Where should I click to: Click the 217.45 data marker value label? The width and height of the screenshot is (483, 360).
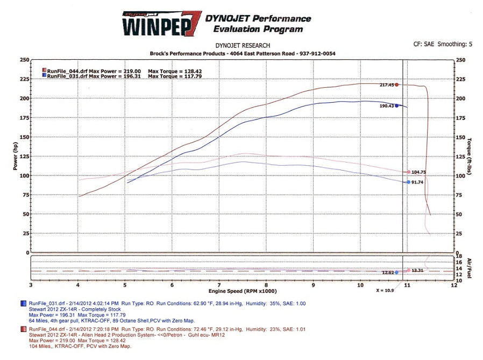click(386, 84)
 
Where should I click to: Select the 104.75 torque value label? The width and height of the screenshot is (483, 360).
click(419, 172)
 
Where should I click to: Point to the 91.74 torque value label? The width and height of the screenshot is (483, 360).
click(417, 182)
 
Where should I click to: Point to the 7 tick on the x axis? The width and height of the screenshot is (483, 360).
click(219, 285)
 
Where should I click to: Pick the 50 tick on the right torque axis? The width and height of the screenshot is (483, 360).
click(458, 214)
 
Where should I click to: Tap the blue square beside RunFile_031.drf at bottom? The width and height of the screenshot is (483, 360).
click(24, 305)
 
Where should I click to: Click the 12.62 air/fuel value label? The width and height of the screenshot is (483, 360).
click(387, 273)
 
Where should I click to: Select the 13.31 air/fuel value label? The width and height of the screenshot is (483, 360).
click(418, 271)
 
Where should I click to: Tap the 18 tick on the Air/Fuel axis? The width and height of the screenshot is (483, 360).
click(459, 256)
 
